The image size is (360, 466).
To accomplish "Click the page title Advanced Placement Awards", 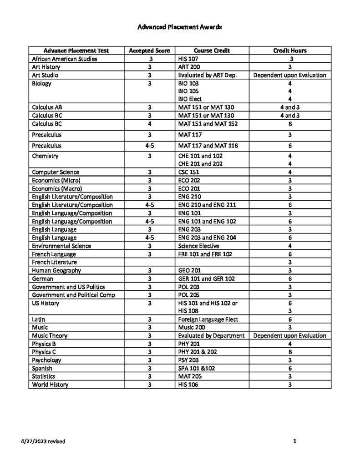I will click(x=180, y=27).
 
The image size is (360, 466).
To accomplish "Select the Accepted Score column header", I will click(x=149, y=51).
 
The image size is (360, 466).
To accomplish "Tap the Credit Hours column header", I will click(x=289, y=51).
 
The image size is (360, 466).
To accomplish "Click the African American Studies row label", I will click(x=64, y=59).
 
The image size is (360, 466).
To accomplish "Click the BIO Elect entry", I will click(x=190, y=99).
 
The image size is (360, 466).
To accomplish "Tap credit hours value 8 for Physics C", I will click(x=290, y=352).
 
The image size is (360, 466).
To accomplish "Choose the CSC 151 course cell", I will click(x=188, y=172).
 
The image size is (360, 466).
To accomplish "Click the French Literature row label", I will click(x=55, y=262).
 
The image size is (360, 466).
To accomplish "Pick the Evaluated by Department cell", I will click(x=212, y=335).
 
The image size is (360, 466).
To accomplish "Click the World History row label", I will click(x=50, y=385).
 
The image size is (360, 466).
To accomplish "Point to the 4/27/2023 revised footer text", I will click(x=42, y=441).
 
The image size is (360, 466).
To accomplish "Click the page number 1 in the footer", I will click(x=295, y=441).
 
